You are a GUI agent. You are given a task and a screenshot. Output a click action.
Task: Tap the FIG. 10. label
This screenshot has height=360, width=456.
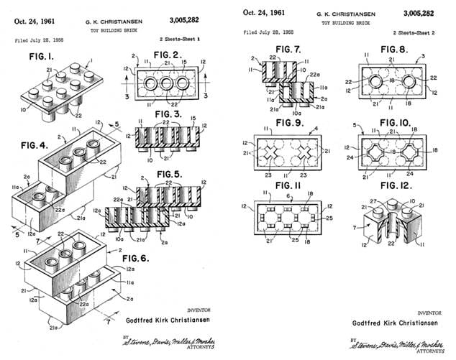(396, 121)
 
